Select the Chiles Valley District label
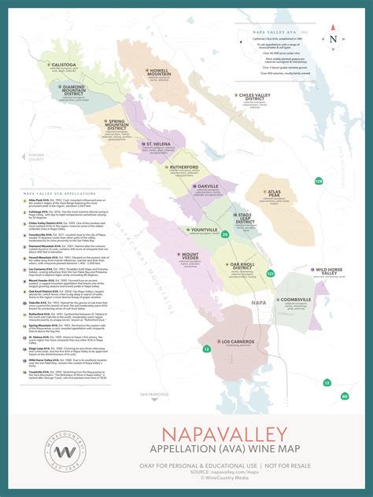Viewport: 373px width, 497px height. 260,98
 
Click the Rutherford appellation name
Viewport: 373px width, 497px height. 188,168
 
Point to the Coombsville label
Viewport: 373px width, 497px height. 295,300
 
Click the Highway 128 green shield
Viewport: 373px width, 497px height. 319,181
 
